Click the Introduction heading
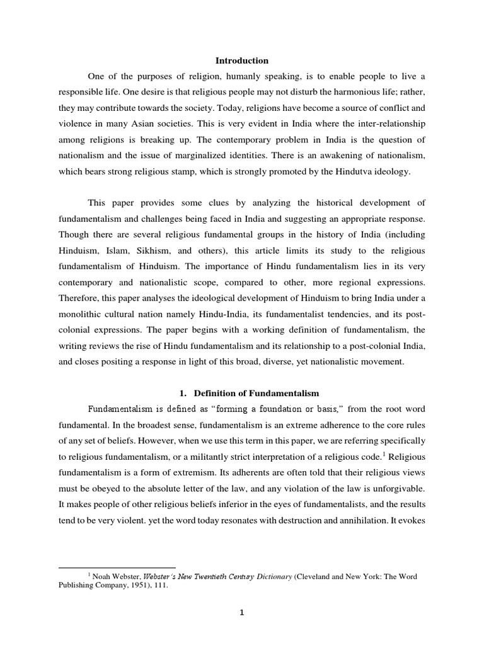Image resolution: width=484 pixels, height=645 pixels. (242, 60)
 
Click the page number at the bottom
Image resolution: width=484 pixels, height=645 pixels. (242, 617)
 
